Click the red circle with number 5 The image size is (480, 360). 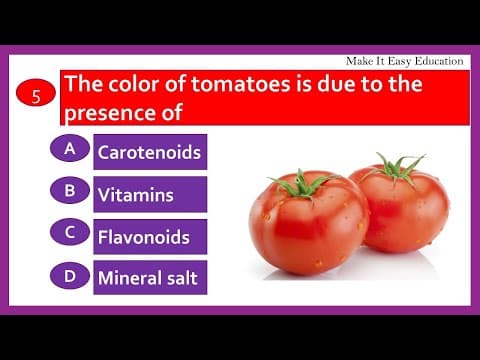coord(36,97)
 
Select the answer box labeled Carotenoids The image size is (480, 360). coord(149,153)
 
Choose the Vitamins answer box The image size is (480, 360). coord(149,195)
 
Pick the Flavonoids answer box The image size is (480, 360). coord(149,237)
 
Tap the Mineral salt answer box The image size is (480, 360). coord(149,278)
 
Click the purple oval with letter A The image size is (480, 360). coord(69,149)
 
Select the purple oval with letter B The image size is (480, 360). coord(69,190)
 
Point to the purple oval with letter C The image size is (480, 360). coord(69,231)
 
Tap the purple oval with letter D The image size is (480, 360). coord(69,272)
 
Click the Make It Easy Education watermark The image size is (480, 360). coord(404,61)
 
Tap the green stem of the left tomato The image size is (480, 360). coord(299,184)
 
